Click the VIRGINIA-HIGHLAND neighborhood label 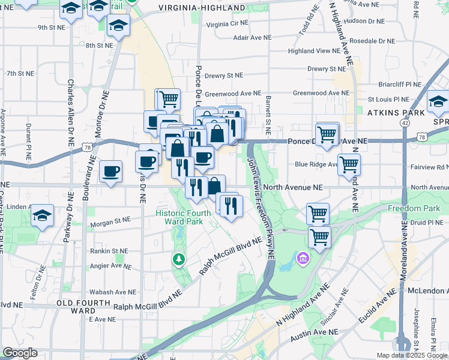coord(202,8)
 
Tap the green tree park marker coord(178,259)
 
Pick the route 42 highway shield coord(406,122)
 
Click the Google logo coord(20,353)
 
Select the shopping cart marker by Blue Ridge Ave coord(349,164)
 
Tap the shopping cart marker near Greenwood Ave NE coord(169,98)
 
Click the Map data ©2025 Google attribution coord(411,355)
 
